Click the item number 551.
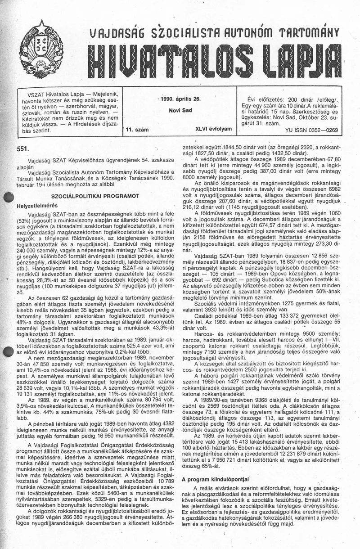pyautogui.click(x=22, y=148)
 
